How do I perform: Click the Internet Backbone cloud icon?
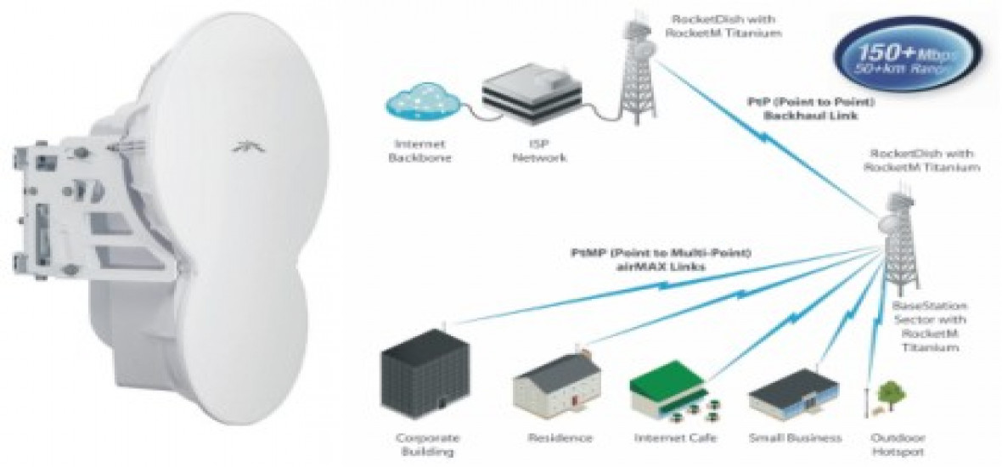click(x=417, y=104)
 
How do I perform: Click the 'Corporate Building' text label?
click(x=428, y=445)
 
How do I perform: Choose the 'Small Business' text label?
click(x=795, y=438)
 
